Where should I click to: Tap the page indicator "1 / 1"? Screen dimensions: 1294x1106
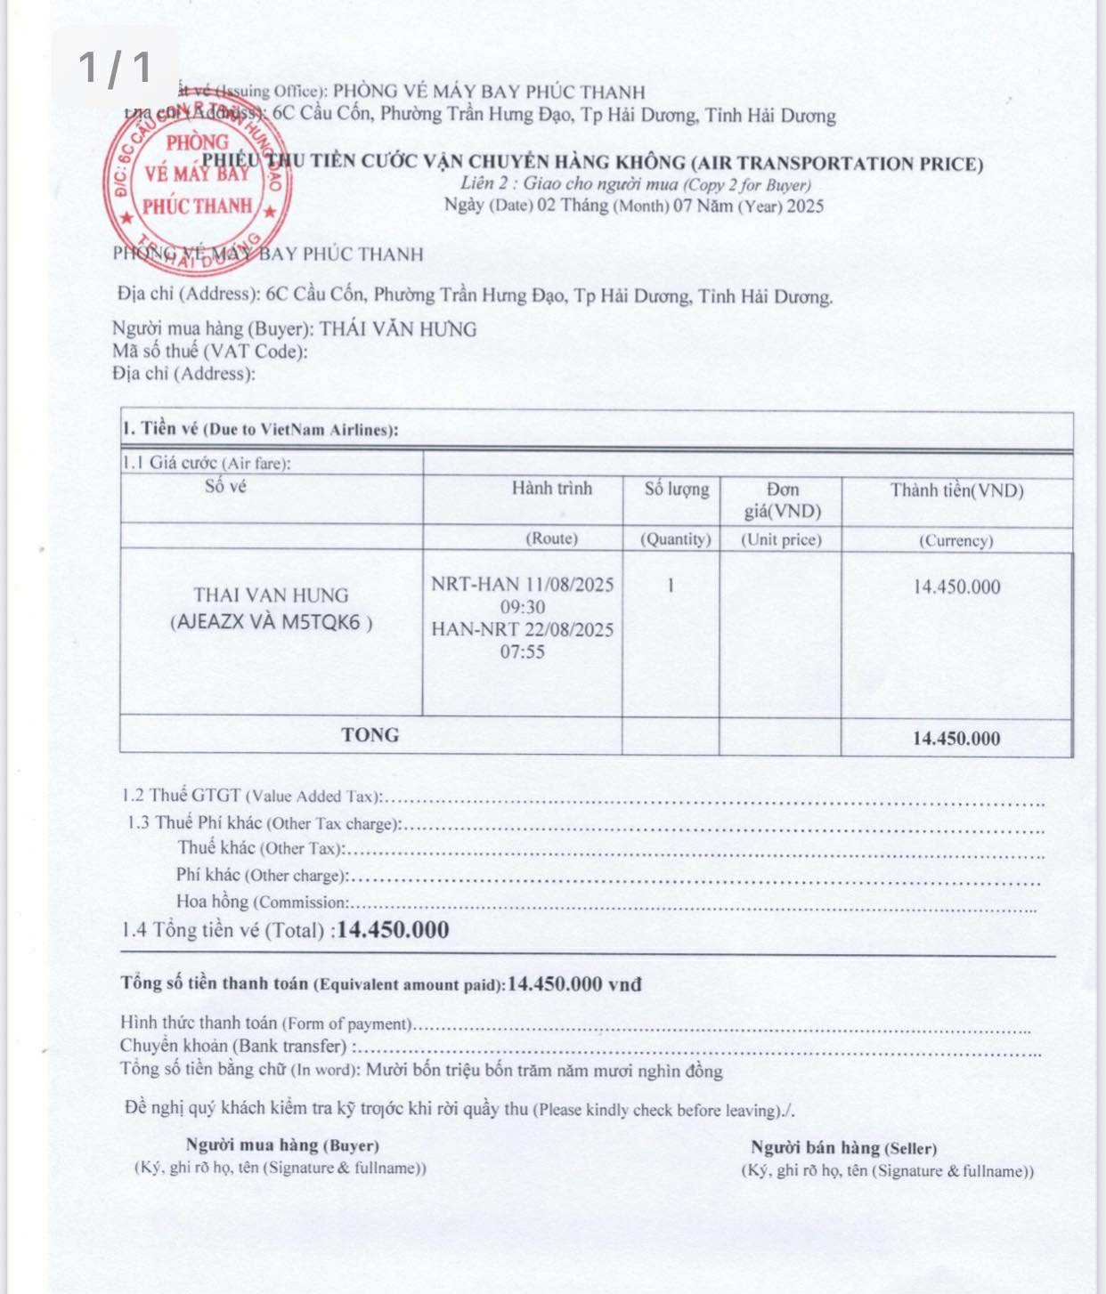click(115, 67)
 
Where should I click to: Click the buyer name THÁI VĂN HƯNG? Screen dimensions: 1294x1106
click(398, 329)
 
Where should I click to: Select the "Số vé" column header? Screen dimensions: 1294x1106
click(225, 486)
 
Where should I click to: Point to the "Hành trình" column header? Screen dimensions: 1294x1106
click(551, 488)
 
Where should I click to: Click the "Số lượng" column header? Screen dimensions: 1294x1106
click(677, 489)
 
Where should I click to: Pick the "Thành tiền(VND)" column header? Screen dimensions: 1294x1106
click(957, 490)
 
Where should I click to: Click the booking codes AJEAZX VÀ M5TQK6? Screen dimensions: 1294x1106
click(271, 622)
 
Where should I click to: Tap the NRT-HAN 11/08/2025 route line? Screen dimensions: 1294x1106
click(523, 585)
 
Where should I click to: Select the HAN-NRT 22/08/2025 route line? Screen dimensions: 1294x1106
click(523, 629)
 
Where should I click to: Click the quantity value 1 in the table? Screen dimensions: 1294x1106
click(671, 586)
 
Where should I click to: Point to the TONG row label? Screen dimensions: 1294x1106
click(370, 735)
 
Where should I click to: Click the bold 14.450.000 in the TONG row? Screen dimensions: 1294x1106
click(956, 739)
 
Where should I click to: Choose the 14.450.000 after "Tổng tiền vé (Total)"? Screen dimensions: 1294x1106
click(393, 931)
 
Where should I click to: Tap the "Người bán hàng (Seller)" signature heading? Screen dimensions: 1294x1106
click(843, 1148)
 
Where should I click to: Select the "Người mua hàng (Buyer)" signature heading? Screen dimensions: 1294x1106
click(282, 1145)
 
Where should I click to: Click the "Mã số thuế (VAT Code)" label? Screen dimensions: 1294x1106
click(210, 352)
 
